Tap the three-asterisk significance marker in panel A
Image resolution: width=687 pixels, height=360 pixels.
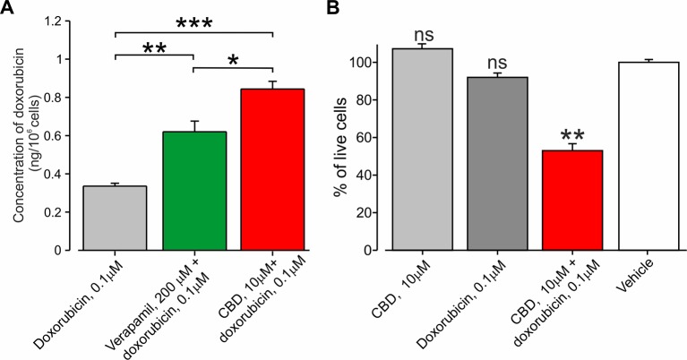(x=193, y=21)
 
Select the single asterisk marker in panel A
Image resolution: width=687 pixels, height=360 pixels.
(x=234, y=59)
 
